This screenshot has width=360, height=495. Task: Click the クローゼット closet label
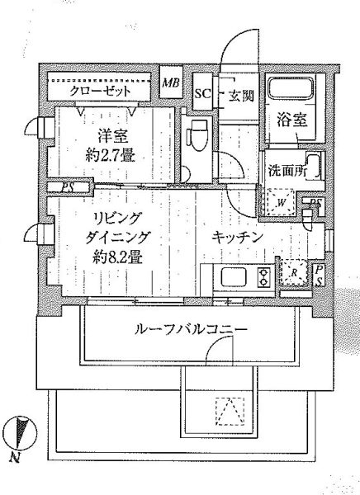click(x=100, y=92)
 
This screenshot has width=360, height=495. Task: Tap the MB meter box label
click(x=171, y=83)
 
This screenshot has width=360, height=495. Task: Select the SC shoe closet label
click(x=202, y=94)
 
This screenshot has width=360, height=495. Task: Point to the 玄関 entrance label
click(x=241, y=96)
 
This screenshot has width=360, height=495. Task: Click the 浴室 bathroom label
click(x=292, y=120)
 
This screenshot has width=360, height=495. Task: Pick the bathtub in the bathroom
click(x=291, y=89)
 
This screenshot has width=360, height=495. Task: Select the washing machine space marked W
click(x=281, y=203)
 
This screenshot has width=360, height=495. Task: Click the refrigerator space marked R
click(x=294, y=272)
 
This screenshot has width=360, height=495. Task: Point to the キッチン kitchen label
click(x=237, y=237)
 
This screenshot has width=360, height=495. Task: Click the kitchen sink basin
click(x=234, y=277)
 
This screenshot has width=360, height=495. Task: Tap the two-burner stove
click(x=263, y=277)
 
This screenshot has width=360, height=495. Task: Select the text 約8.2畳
click(x=117, y=258)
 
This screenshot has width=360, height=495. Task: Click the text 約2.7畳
click(x=111, y=155)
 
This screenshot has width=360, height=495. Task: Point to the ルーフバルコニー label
click(x=191, y=330)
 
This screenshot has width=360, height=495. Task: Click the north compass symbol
click(x=20, y=432)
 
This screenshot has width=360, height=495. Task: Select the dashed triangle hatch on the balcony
click(x=230, y=411)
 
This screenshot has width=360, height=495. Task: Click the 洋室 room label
click(x=112, y=136)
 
